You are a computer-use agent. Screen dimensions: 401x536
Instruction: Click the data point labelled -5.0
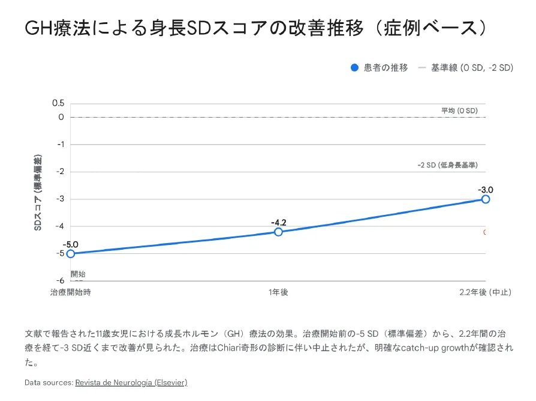[71, 253]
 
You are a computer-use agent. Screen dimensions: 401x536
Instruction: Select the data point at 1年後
[278, 232]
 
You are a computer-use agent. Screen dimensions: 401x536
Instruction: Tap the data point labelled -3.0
[486, 199]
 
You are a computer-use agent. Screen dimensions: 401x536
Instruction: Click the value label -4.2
[278, 223]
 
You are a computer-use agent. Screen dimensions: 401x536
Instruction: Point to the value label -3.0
[486, 190]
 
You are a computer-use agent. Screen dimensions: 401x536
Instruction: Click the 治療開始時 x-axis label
[71, 292]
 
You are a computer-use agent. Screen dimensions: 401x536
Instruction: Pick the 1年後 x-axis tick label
[278, 292]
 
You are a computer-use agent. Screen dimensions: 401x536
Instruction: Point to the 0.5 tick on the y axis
[58, 103]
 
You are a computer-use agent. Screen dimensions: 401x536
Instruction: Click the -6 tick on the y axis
[60, 280]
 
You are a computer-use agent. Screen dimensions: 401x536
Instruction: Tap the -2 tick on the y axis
[60, 172]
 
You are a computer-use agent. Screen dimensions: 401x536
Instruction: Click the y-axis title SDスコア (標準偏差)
[38, 193]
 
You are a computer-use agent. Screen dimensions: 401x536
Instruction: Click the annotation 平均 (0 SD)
[459, 111]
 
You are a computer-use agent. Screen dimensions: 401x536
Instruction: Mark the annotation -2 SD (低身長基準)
[448, 165]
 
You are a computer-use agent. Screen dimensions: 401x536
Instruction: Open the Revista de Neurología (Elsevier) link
[131, 382]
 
